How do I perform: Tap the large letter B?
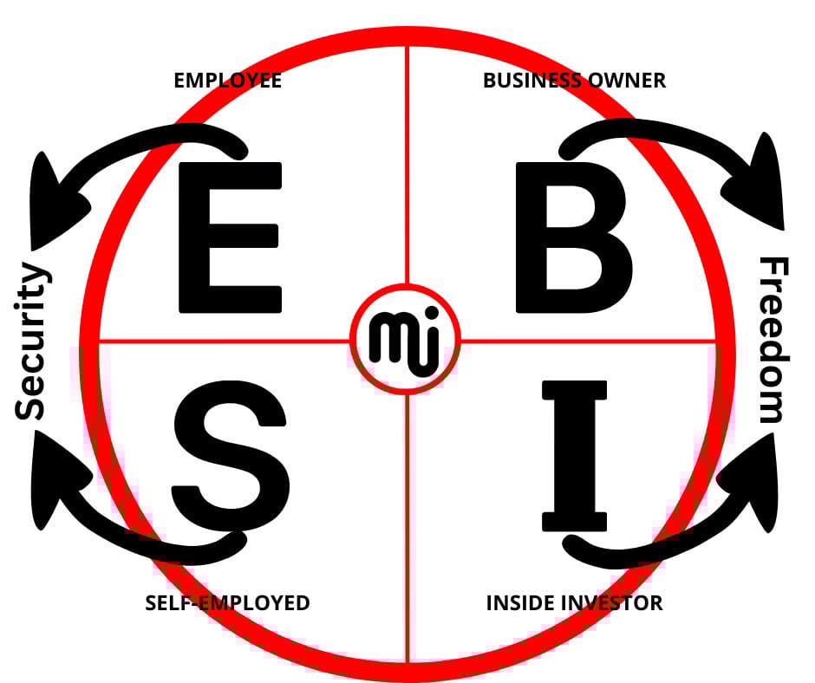572,236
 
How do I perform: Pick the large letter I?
571,456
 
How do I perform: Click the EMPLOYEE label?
228,81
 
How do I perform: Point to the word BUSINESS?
531,81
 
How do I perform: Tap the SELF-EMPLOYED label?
227,602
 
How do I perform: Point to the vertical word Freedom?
773,340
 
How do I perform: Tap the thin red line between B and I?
590,341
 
